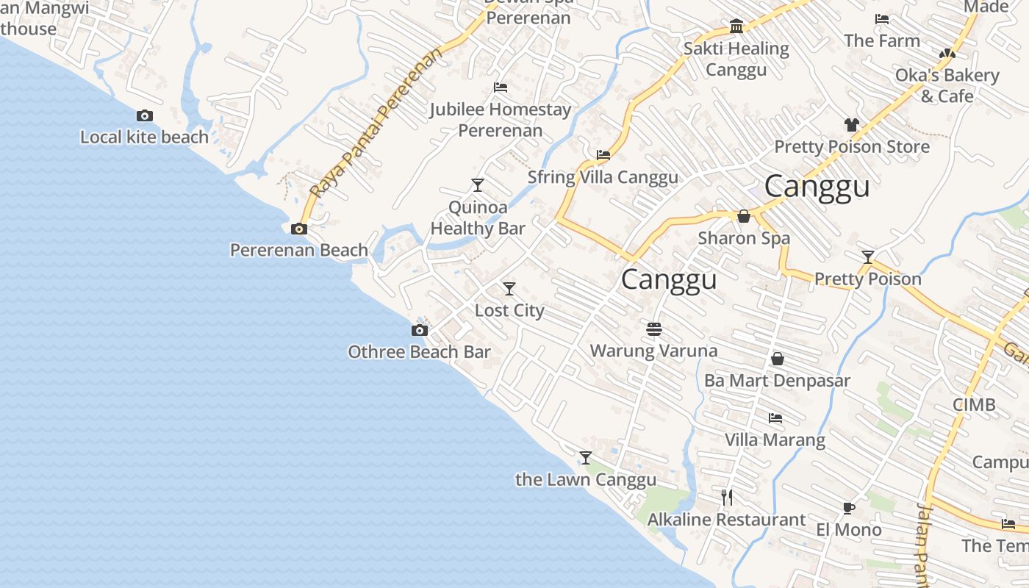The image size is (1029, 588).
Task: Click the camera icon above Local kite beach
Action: click(145, 115)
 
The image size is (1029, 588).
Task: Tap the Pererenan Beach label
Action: click(299, 250)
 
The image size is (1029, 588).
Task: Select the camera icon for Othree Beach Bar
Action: click(419, 330)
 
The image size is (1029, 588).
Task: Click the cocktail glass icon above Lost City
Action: click(509, 289)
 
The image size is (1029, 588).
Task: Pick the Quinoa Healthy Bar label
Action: click(478, 218)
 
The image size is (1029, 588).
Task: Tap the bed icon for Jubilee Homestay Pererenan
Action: click(501, 87)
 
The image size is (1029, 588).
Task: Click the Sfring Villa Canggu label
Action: click(603, 177)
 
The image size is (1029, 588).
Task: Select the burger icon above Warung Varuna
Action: click(654, 329)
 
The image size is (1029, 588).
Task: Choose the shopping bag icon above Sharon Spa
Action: click(744, 216)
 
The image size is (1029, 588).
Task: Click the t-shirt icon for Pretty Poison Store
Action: click(851, 125)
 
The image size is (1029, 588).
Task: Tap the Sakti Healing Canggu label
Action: click(736, 60)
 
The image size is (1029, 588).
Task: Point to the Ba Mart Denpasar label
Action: click(777, 381)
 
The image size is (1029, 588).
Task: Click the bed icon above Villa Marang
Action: click(775, 418)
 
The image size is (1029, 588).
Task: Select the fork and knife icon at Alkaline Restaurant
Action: click(727, 498)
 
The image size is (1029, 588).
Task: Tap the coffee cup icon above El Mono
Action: click(848, 508)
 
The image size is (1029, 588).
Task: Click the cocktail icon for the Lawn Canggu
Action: click(585, 458)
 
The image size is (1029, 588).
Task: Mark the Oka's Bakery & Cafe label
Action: click(947, 85)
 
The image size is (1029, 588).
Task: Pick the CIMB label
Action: click(974, 404)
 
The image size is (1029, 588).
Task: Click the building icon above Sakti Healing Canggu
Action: click(736, 27)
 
